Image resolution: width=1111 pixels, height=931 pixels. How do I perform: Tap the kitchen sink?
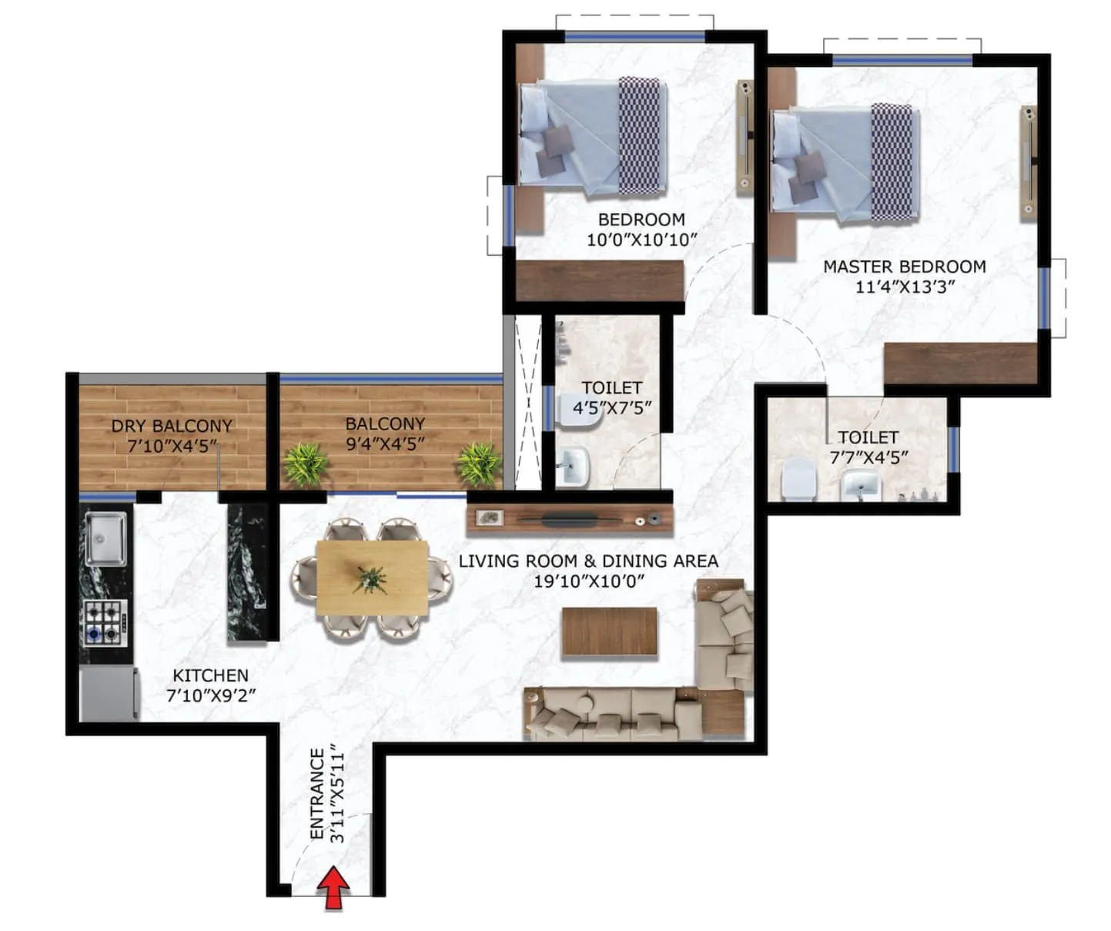(105, 538)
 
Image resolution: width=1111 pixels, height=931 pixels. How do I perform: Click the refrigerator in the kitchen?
(109, 693)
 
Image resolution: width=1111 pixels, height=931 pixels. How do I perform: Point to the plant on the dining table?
(371, 578)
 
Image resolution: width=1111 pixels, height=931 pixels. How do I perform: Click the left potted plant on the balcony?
(306, 464)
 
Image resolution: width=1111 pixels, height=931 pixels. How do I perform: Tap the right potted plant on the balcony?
(480, 464)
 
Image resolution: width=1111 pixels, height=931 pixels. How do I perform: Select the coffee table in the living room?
(609, 631)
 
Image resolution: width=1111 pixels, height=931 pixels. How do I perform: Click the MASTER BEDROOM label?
(904, 266)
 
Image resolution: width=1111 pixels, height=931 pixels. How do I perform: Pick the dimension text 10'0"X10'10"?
(641, 239)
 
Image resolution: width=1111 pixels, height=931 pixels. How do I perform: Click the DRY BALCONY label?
(172, 426)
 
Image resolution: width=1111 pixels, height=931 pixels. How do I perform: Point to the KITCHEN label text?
(210, 675)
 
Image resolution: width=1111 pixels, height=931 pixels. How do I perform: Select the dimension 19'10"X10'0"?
(588, 581)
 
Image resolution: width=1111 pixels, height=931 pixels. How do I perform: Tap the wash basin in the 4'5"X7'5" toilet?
(571, 467)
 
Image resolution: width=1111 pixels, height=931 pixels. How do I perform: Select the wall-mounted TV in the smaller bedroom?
(745, 136)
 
